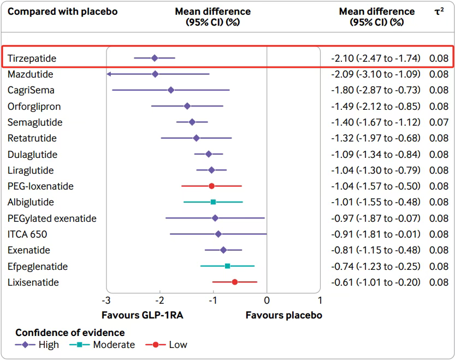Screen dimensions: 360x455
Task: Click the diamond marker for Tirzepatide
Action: pyautogui.click(x=155, y=58)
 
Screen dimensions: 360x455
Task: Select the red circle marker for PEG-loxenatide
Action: pyautogui.click(x=211, y=186)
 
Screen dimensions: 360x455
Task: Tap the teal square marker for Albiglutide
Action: pyautogui.click(x=213, y=202)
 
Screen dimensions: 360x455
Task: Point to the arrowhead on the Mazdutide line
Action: pyautogui.click(x=109, y=74)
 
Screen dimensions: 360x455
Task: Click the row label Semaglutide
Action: pyautogui.click(x=35, y=122)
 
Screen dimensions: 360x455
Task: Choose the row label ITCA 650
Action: pyautogui.click(x=27, y=234)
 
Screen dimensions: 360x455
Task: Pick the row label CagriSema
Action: pyautogui.click(x=31, y=90)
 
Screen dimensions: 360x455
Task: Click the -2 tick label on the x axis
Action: pyautogui.click(x=159, y=300)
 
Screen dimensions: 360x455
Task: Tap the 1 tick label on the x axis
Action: pyautogui.click(x=320, y=300)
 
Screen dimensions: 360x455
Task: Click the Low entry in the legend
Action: pyautogui.click(x=178, y=345)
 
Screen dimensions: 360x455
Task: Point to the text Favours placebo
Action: pyautogui.click(x=283, y=315)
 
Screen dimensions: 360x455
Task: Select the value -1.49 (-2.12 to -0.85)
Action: pyautogui.click(x=376, y=107)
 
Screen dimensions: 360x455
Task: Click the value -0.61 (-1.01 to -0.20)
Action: pyautogui.click(x=376, y=282)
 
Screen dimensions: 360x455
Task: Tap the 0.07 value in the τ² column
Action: pyautogui.click(x=439, y=122)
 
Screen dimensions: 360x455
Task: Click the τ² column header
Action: pyautogui.click(x=439, y=11)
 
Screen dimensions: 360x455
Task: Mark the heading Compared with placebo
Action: pyautogui.click(x=62, y=11)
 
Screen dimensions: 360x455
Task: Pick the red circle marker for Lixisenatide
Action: pyautogui.click(x=234, y=282)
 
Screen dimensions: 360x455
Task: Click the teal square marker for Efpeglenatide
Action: pyautogui.click(x=227, y=267)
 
